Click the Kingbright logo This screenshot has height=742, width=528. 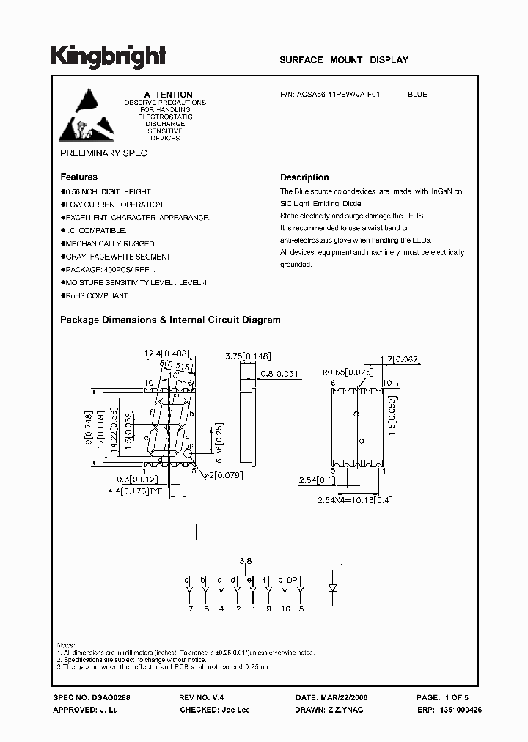109,56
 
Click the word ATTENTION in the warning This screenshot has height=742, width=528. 168,95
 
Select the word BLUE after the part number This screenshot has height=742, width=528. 417,95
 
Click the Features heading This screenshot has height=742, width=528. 78,177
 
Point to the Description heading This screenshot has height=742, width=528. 304,177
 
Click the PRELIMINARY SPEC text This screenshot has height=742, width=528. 103,153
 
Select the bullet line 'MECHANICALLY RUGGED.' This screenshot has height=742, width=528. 108,243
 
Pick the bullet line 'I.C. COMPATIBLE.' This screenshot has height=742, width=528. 95,230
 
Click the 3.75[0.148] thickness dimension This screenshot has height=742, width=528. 249,356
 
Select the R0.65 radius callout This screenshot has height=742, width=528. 348,372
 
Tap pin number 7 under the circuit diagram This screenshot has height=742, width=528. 189,609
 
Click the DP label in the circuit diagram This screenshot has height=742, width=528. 292,580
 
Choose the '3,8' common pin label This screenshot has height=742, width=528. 246,562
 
